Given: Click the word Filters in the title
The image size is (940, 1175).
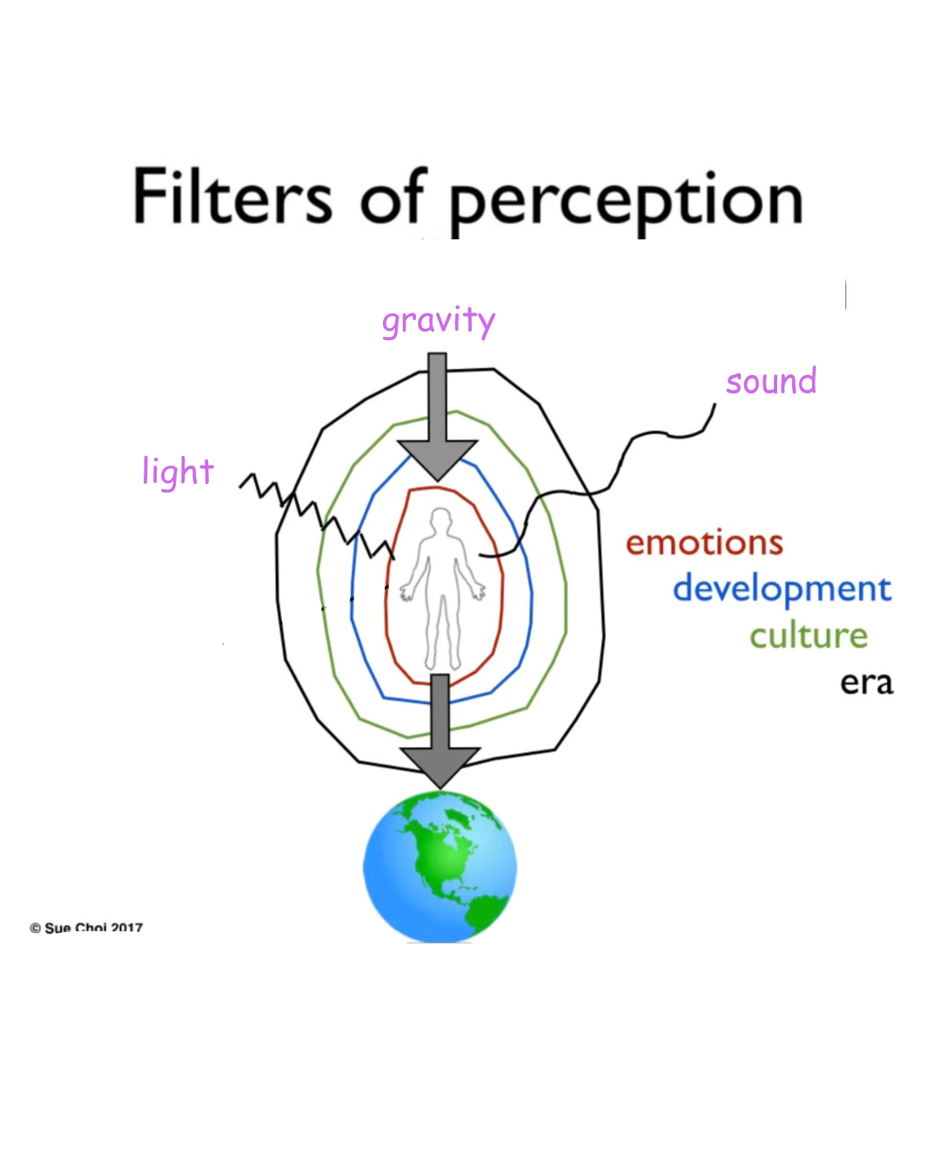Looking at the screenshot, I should (232, 197).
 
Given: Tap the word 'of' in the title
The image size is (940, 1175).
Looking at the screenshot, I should (393, 197).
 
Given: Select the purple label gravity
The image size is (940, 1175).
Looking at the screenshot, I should (439, 321).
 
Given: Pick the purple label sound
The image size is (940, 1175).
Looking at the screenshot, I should (771, 381).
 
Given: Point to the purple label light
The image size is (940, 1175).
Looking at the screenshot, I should (178, 473).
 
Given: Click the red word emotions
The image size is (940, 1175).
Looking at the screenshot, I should (704, 543).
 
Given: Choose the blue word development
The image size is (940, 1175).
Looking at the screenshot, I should (782, 589).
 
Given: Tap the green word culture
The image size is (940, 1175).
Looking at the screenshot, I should (809, 636).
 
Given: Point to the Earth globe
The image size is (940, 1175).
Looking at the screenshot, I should (440, 867).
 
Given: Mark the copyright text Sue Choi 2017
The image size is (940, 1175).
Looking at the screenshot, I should (87, 928).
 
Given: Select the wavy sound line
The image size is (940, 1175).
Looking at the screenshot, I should (627, 453).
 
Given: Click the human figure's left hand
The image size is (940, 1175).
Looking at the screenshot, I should (477, 592).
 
